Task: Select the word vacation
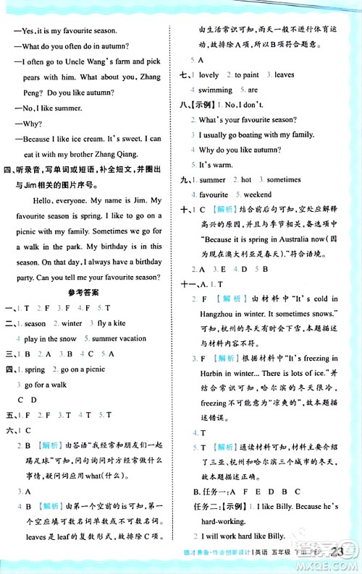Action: pyautogui.click(x=129, y=338)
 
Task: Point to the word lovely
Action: pyautogui.click(x=209, y=74)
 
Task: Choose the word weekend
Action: pyautogui.click(x=258, y=194)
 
